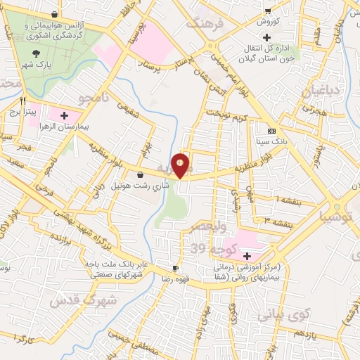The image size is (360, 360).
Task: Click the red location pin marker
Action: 181,165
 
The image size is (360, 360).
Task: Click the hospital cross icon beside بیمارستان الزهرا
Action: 64,115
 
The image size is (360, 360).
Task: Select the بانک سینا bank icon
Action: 271,130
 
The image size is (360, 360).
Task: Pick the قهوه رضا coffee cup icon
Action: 176,268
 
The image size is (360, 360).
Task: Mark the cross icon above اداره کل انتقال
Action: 266,36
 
